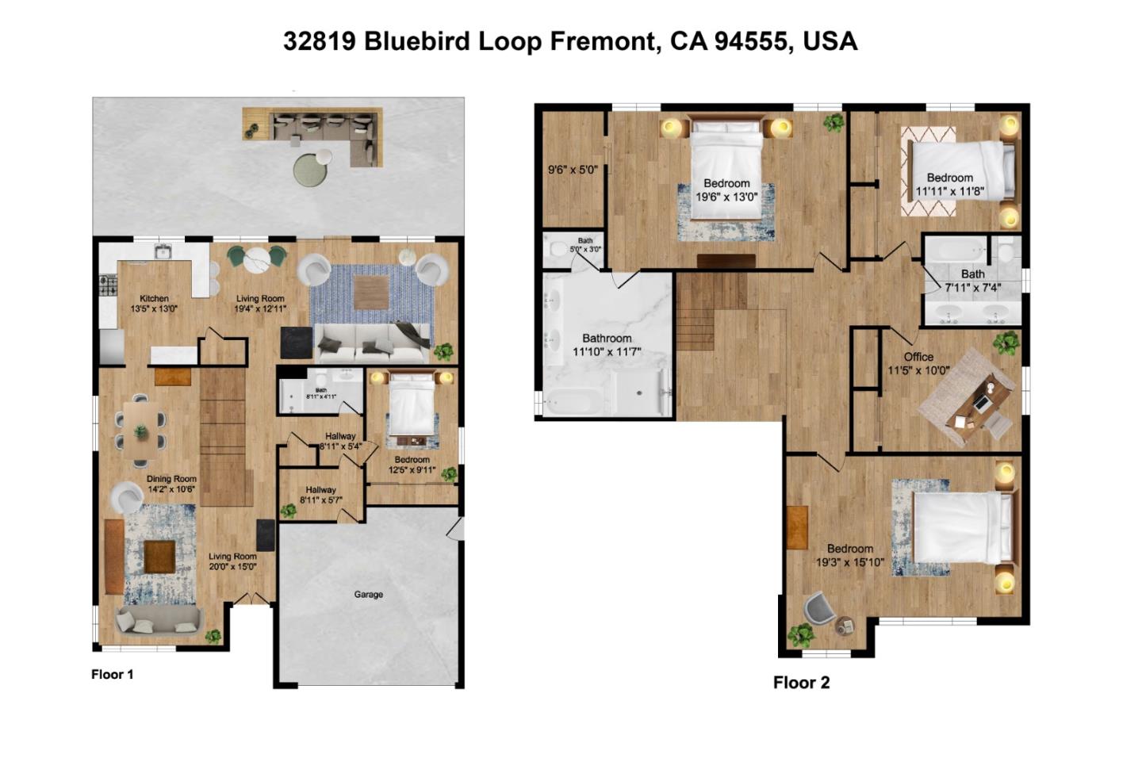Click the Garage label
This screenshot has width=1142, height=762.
point(368,594)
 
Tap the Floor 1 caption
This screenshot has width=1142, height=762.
point(113,674)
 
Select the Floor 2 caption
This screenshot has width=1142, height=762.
point(801,683)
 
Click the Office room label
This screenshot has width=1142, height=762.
point(918,357)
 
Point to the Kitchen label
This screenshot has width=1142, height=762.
point(154,298)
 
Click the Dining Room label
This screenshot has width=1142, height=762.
point(171,479)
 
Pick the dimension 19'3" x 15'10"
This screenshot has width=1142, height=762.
point(849,563)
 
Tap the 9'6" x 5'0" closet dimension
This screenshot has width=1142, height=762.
point(573,170)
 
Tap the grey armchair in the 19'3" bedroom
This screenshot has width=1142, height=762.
point(818,609)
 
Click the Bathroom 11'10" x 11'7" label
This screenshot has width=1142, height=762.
point(607,344)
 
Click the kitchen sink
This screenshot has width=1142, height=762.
point(164,252)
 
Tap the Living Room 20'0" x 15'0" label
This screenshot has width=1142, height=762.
point(232,561)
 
